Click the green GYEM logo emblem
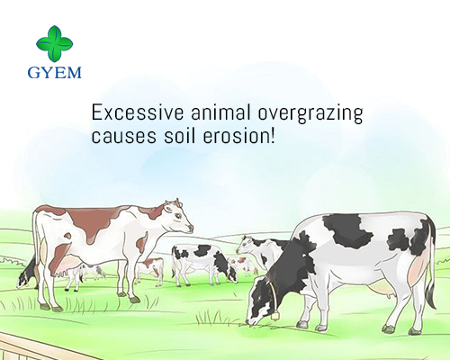click(x=52, y=41)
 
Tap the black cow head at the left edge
click(x=28, y=270)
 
